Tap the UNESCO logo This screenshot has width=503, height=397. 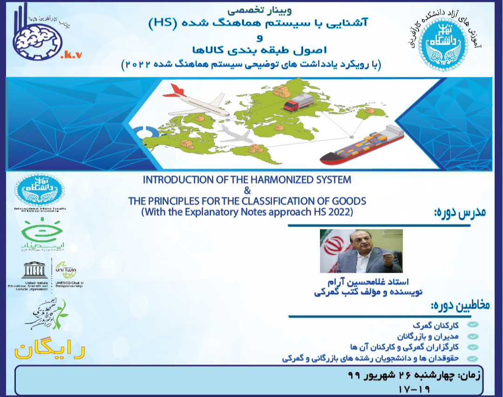pos(34,271)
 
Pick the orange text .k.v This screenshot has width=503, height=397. pos(71,54)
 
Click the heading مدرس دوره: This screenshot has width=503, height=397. pos(460,213)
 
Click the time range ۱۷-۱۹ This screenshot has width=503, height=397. pos(415,388)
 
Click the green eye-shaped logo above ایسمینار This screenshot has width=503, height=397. pos(42,229)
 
